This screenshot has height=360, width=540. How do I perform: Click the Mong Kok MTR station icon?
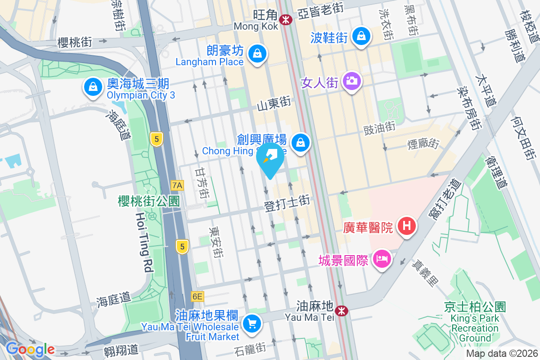click(x=285, y=19)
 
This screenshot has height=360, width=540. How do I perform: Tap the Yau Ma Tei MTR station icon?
click(x=342, y=310)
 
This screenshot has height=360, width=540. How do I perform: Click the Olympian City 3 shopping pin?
click(x=92, y=87)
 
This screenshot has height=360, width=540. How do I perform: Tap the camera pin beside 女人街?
click(x=351, y=81)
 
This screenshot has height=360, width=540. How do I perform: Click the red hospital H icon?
click(x=406, y=225)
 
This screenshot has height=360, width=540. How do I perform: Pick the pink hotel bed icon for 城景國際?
click(x=382, y=260)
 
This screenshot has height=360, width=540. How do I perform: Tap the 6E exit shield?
click(x=197, y=297)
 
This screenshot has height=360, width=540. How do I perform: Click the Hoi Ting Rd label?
click(x=144, y=243)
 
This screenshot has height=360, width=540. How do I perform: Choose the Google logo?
click(x=30, y=349)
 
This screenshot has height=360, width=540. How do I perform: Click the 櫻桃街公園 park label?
click(x=149, y=201)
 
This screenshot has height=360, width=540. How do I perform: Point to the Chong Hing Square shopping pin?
click(x=300, y=143)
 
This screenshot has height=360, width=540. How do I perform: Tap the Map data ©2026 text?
click(x=501, y=354)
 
